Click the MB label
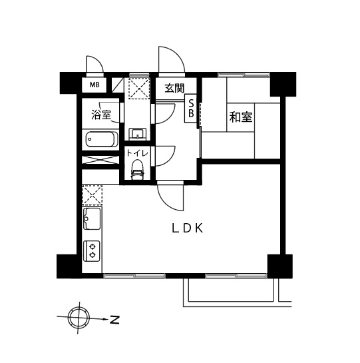click(94, 85)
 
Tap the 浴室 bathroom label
click(101, 115)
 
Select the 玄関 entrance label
click(174, 88)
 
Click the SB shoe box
click(191, 108)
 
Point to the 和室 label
click(241, 117)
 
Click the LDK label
click(188, 228)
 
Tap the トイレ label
click(137, 153)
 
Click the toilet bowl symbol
click(138, 169)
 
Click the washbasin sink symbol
click(138, 134)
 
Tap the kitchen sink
click(92, 218)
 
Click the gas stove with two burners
click(92, 250)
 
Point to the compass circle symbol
click(79, 318)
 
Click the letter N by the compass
click(114, 320)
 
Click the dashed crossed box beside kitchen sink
click(92, 196)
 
